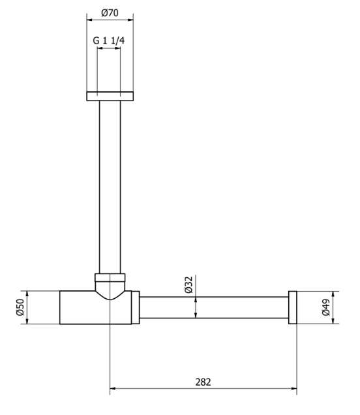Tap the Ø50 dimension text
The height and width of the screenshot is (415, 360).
point(19,307)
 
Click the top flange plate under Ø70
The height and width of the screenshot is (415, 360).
point(110,97)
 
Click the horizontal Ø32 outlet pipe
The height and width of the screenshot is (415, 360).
point(215,307)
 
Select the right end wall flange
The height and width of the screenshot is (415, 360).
point(293,307)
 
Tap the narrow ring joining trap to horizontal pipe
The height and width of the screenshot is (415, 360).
point(136,307)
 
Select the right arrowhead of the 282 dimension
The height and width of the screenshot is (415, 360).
point(294,390)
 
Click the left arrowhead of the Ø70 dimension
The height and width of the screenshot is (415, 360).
point(90,19)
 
